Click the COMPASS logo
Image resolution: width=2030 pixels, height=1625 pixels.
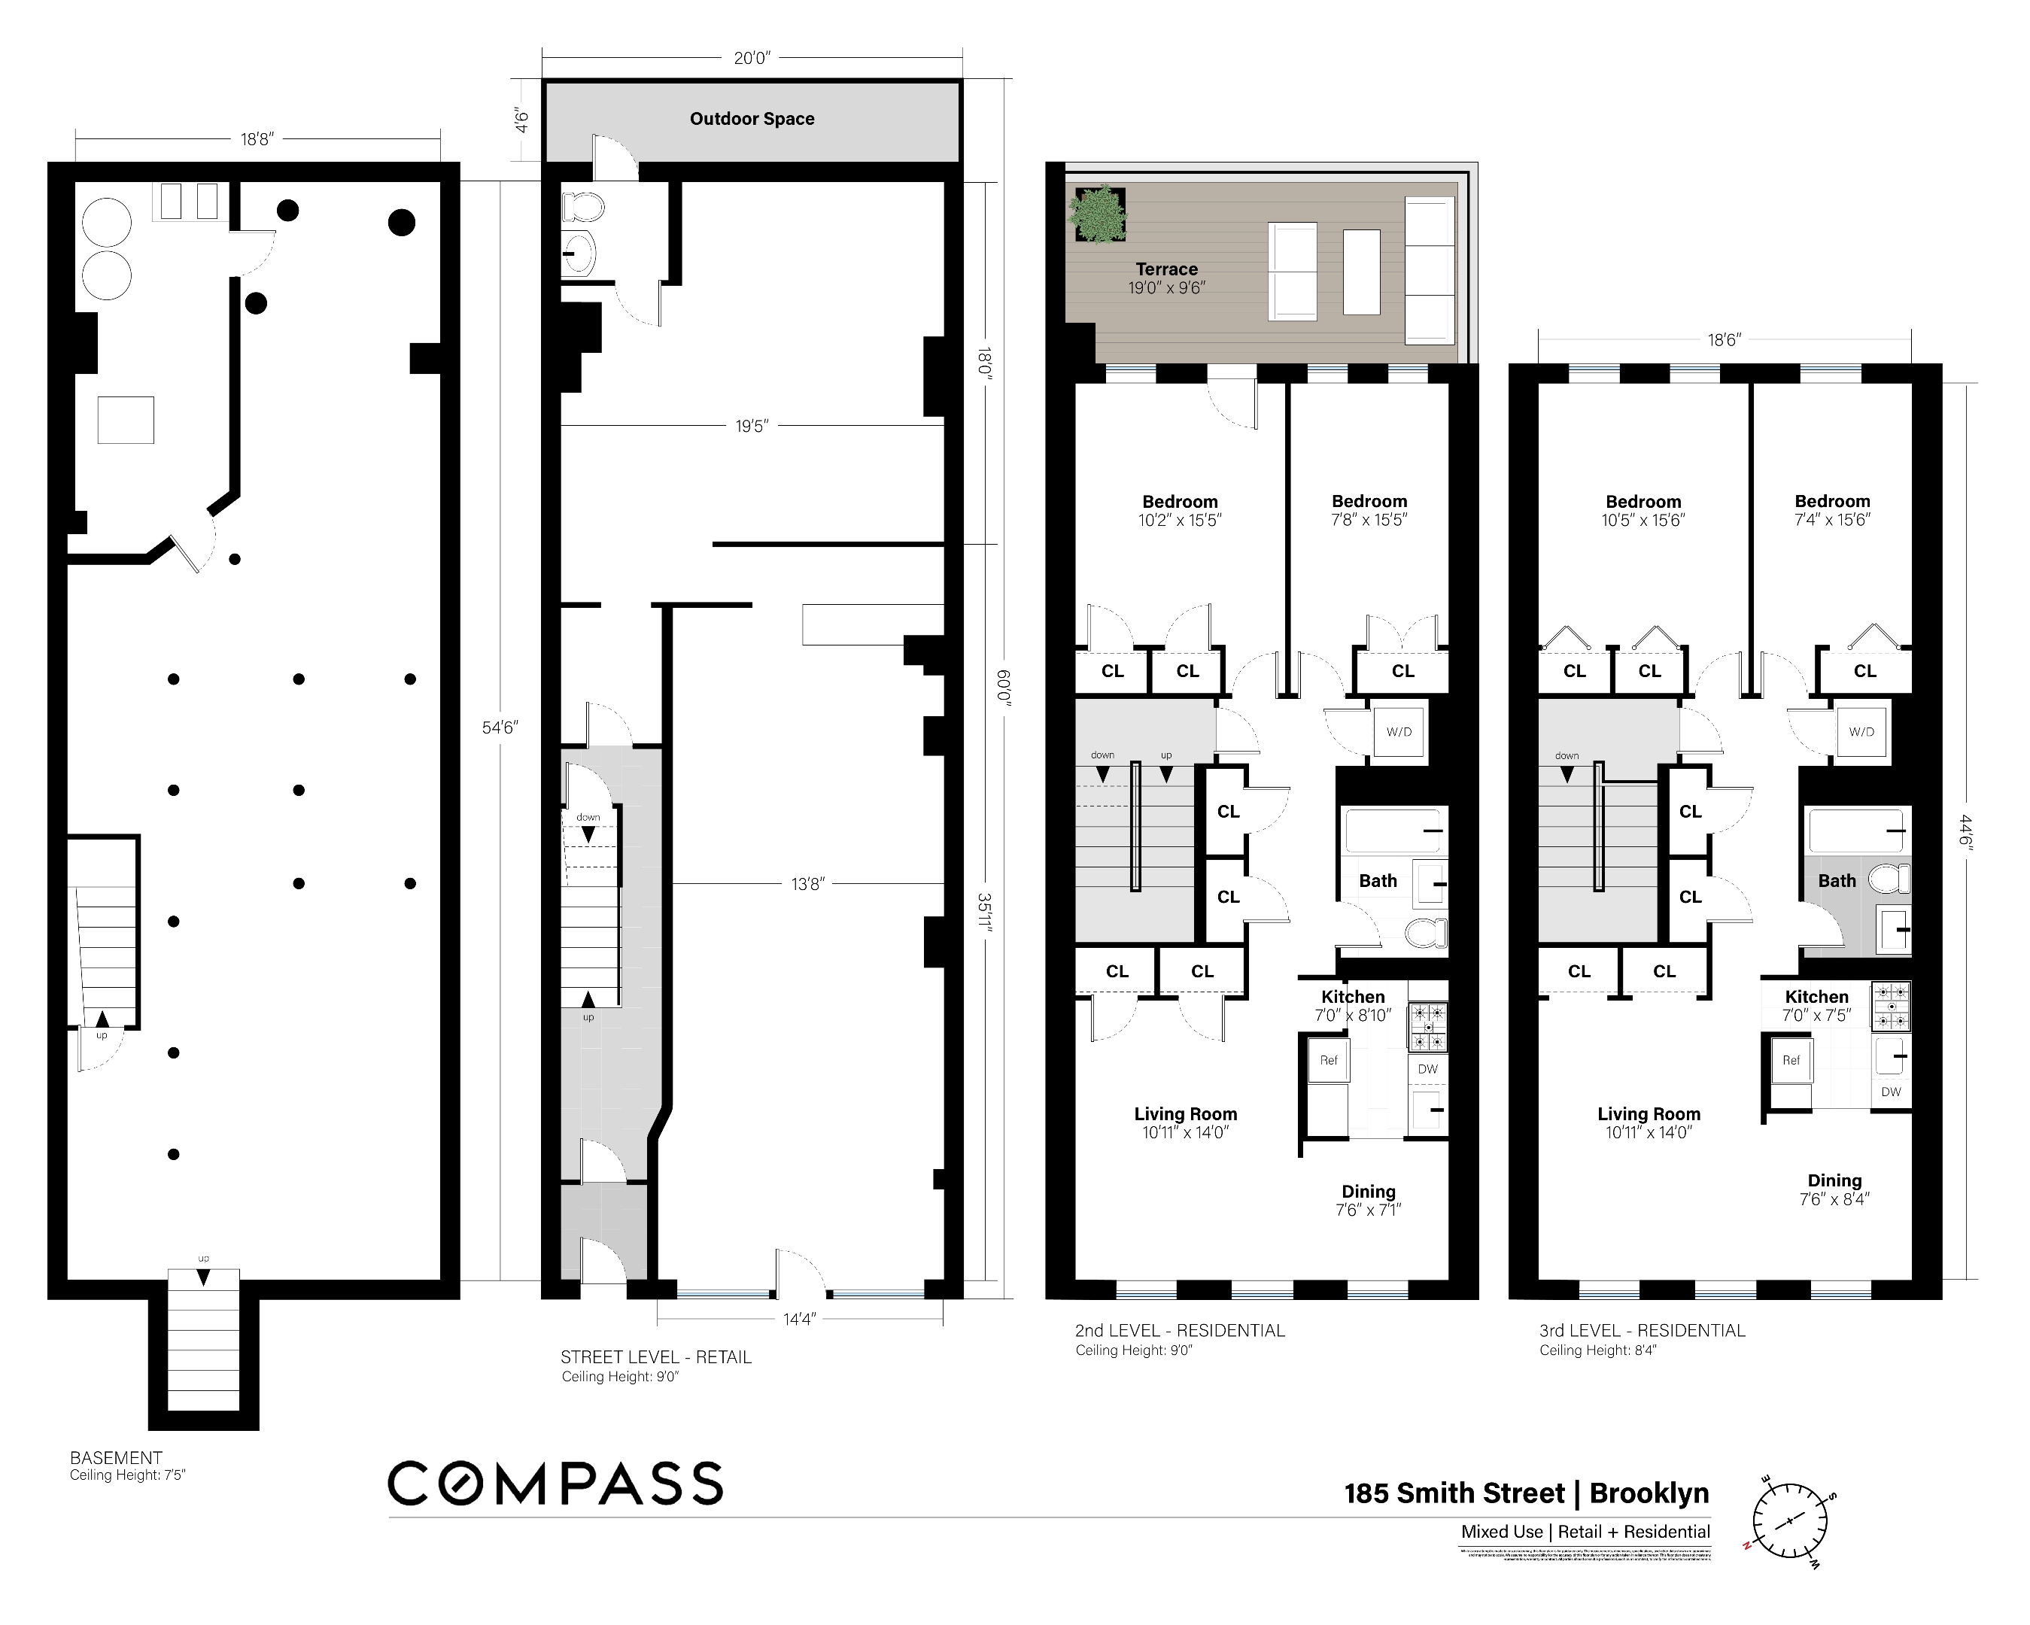point(555,1483)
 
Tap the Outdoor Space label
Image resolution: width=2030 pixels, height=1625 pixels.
point(752,119)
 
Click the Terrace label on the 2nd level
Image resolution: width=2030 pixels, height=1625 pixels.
point(1165,269)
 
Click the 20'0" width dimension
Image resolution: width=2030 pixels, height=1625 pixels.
point(752,59)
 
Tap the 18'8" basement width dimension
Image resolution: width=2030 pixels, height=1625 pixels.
point(256,139)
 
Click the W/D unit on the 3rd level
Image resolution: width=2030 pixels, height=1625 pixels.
point(1861,731)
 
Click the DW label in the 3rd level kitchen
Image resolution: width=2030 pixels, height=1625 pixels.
point(1891,1092)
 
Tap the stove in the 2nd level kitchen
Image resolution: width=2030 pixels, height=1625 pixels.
point(1427,1027)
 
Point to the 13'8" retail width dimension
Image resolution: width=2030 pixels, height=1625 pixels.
point(807,884)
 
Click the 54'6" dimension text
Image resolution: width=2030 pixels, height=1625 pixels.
point(500,727)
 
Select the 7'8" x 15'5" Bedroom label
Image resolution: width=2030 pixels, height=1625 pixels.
point(1369,510)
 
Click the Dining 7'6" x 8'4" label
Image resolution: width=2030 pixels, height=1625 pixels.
point(1834,1189)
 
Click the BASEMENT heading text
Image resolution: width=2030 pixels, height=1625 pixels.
point(116,1457)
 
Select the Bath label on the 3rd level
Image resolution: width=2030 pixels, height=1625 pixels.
point(1836,880)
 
